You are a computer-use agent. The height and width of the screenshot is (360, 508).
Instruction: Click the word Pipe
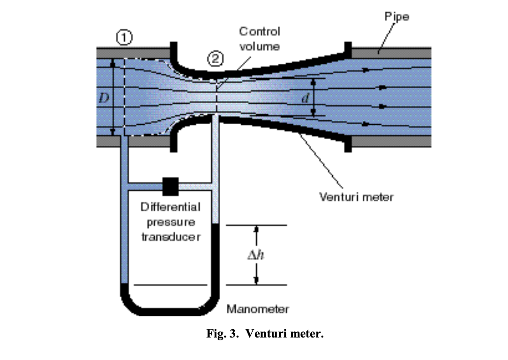coord(396,17)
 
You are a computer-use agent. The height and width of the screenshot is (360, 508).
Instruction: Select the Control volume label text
coord(260,39)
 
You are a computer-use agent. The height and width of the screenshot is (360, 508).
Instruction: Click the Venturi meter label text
coord(356,197)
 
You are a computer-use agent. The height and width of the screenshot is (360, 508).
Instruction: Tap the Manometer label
coord(258,309)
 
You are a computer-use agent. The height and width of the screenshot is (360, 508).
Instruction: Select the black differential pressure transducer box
coord(170,186)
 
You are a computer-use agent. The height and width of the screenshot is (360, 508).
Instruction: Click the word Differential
coord(171,207)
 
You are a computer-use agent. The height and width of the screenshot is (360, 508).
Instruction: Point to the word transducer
coord(171,237)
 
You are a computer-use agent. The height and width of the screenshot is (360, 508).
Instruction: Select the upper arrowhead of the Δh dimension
coord(256,229)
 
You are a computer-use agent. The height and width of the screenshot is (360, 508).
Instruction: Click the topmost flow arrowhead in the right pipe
coord(365,69)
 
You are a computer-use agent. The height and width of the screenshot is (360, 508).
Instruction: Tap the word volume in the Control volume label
coord(260,46)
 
